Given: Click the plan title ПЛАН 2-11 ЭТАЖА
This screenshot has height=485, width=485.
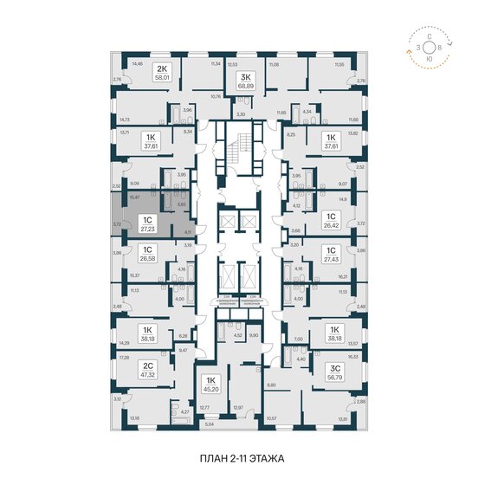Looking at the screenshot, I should coord(242,456).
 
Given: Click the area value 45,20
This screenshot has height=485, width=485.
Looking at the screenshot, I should coord(210,389).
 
